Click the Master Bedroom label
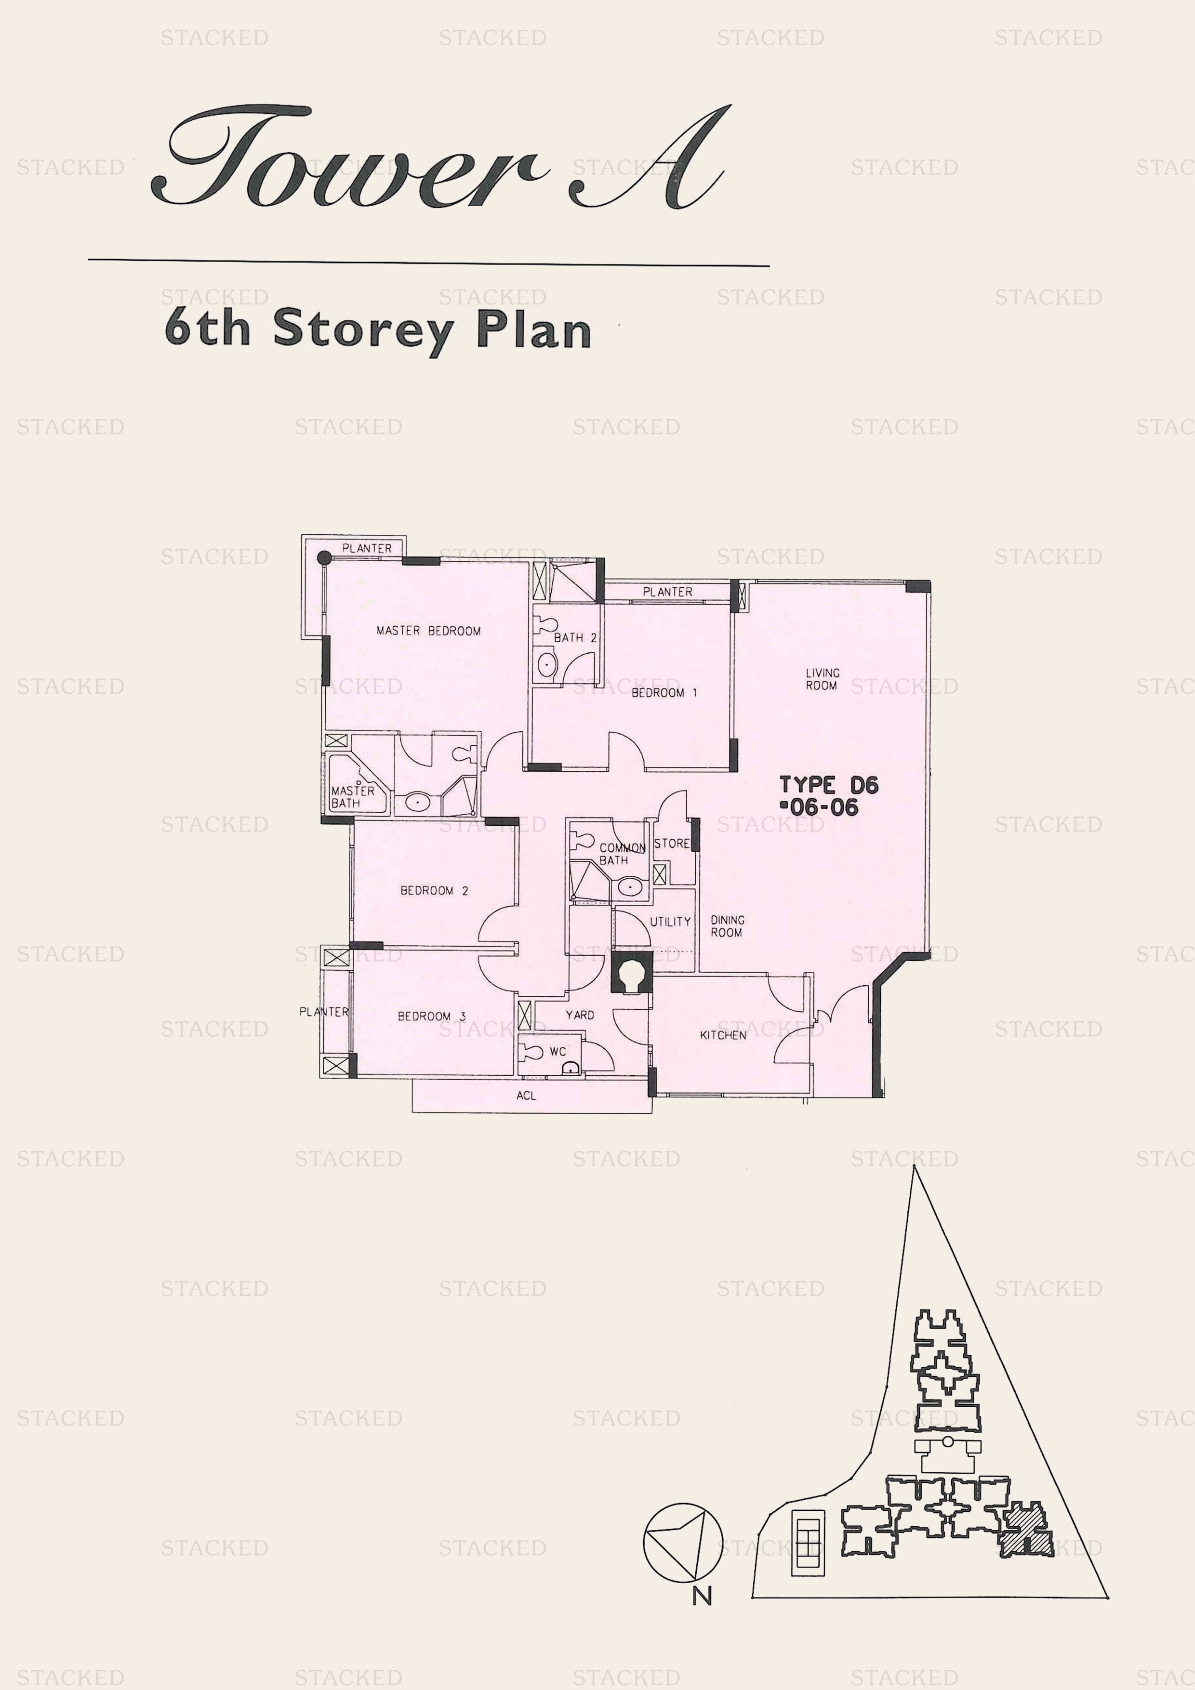428,631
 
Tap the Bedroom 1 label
664,693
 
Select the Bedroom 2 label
435,891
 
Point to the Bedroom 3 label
431,1017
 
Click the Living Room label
822,679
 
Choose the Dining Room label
728,926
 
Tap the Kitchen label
723,1035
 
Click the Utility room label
670,922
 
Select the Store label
672,844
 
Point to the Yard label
580,1015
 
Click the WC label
558,1052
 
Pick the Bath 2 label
575,637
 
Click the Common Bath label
622,854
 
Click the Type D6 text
829,785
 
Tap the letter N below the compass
702,1596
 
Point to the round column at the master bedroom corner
324,558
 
